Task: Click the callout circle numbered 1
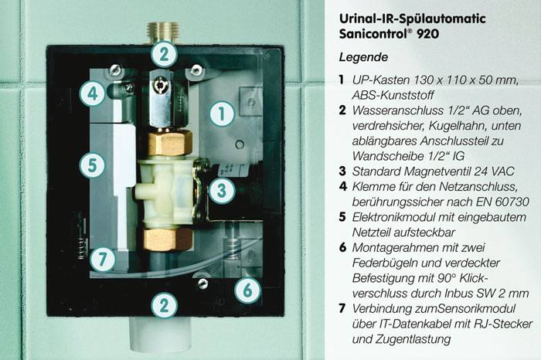click(222, 114)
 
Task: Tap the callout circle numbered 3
click(222, 191)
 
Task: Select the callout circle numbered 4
click(93, 93)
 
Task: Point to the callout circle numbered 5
click(92, 165)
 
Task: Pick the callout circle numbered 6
click(248, 290)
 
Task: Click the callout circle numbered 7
click(103, 259)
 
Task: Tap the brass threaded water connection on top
click(163, 33)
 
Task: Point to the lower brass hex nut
click(168, 239)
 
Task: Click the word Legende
click(363, 57)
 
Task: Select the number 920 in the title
click(428, 34)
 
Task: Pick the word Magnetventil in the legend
click(436, 172)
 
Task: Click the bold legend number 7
click(342, 308)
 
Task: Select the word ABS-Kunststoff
click(393, 95)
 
